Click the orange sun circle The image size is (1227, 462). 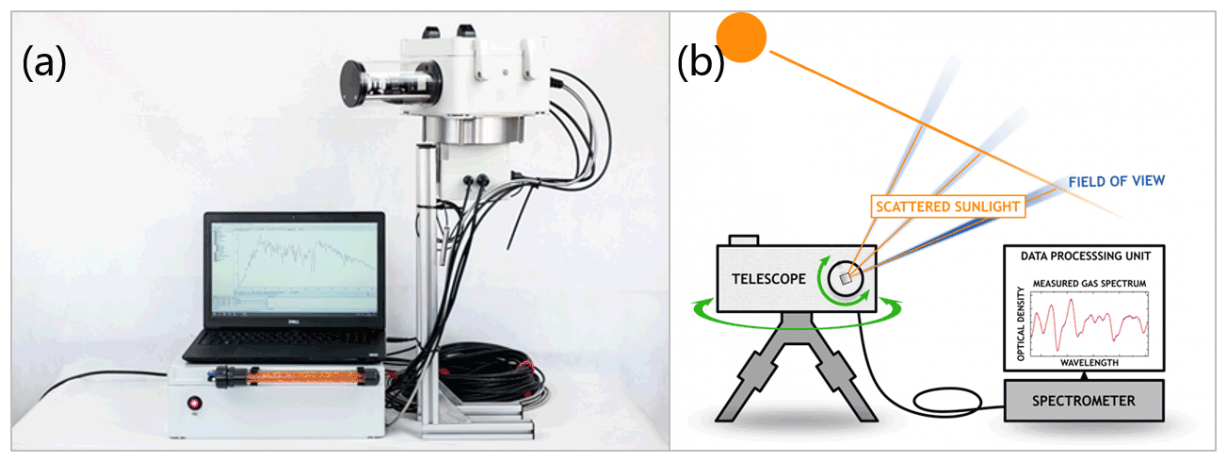click(x=741, y=37)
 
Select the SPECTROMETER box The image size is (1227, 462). click(x=1083, y=401)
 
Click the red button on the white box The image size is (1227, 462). click(x=196, y=403)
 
